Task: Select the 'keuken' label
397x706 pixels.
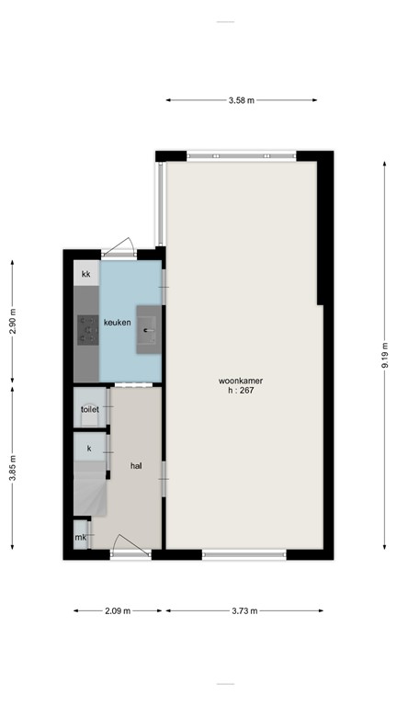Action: [x=117, y=323]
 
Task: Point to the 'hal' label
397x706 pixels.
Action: [x=136, y=466]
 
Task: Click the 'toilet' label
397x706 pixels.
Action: [x=89, y=409]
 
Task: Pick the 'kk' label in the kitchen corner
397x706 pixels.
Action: [x=86, y=274]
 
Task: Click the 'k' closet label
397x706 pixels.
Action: [x=89, y=448]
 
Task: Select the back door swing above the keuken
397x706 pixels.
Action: [x=119, y=246]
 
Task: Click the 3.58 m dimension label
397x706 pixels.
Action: [x=242, y=99]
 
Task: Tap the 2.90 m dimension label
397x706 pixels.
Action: [x=13, y=322]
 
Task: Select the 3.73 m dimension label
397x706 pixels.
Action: [x=244, y=610]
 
